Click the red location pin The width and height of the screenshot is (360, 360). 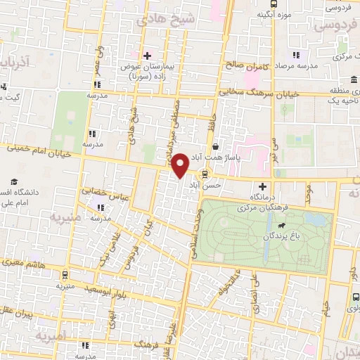click(180, 165)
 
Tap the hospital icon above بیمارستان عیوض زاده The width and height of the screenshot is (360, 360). click(146, 55)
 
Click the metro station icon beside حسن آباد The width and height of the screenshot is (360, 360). click(205, 174)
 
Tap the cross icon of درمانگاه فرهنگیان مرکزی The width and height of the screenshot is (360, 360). click(263, 186)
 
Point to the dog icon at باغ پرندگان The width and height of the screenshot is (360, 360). click(282, 226)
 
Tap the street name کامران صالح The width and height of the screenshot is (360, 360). click(247, 64)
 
